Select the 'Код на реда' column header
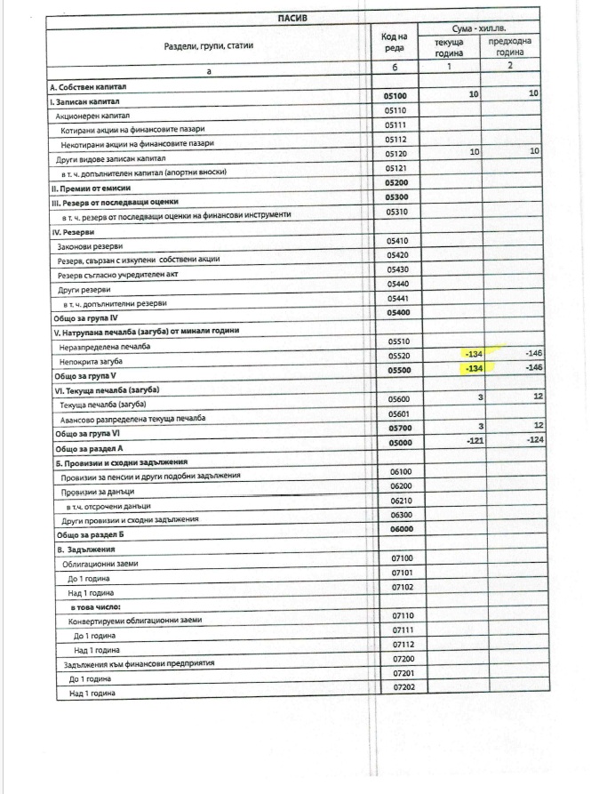pyautogui.click(x=394, y=42)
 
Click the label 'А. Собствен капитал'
pyautogui.click(x=90, y=87)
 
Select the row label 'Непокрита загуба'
pyautogui.click(x=91, y=363)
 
